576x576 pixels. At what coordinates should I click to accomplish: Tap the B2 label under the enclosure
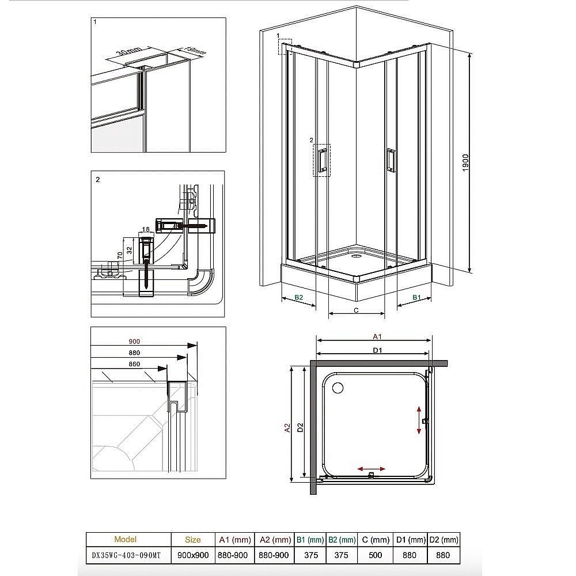click(299, 297)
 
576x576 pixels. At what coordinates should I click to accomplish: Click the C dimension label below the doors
click(357, 310)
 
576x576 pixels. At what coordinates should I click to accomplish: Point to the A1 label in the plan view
click(378, 336)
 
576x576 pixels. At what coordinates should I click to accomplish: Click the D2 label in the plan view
click(300, 427)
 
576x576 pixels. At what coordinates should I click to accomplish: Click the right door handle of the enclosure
click(391, 160)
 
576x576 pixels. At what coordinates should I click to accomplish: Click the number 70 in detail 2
click(119, 253)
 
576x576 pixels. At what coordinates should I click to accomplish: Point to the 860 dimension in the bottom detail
click(134, 364)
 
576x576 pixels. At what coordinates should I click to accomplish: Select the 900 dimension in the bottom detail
click(134, 342)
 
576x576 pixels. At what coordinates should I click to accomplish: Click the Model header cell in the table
click(126, 540)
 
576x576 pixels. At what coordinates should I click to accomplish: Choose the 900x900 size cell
click(193, 555)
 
